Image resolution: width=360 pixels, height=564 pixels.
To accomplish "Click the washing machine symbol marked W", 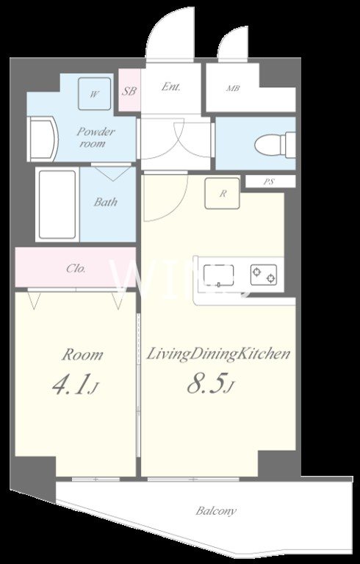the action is pyautogui.click(x=94, y=94).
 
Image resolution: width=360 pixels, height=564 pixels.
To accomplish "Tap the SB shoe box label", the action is pyautogui.click(x=129, y=91).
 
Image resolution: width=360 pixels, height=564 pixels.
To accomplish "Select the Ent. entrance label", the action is pyautogui.click(x=170, y=87).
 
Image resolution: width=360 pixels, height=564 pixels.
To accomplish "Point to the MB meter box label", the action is pyautogui.click(x=233, y=88).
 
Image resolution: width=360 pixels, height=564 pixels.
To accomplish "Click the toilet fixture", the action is pyautogui.click(x=275, y=145).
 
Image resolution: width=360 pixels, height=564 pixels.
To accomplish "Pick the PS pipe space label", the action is pyautogui.click(x=269, y=181).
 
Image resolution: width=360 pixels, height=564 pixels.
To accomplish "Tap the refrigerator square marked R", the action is pyautogui.click(x=223, y=194).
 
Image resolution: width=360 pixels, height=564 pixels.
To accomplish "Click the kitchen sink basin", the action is pyautogui.click(x=218, y=275).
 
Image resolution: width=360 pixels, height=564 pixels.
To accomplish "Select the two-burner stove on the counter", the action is pyautogui.click(x=264, y=275).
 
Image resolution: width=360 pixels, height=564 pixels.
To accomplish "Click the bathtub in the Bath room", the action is pyautogui.click(x=57, y=205).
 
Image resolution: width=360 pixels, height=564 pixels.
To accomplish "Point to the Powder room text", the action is pyautogui.click(x=96, y=137).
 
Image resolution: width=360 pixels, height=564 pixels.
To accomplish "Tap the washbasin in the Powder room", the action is pyautogui.click(x=43, y=140).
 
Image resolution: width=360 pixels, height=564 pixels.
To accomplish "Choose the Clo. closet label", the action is pyautogui.click(x=76, y=268).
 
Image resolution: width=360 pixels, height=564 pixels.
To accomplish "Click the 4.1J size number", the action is pyautogui.click(x=75, y=386).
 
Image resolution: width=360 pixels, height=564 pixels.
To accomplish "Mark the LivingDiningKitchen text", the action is pyautogui.click(x=217, y=354).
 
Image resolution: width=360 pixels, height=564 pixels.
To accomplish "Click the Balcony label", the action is pyautogui.click(x=216, y=511).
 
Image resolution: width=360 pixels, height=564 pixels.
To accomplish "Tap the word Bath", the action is pyautogui.click(x=106, y=202).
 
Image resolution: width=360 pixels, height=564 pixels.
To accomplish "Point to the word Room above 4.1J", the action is pyautogui.click(x=82, y=355).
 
